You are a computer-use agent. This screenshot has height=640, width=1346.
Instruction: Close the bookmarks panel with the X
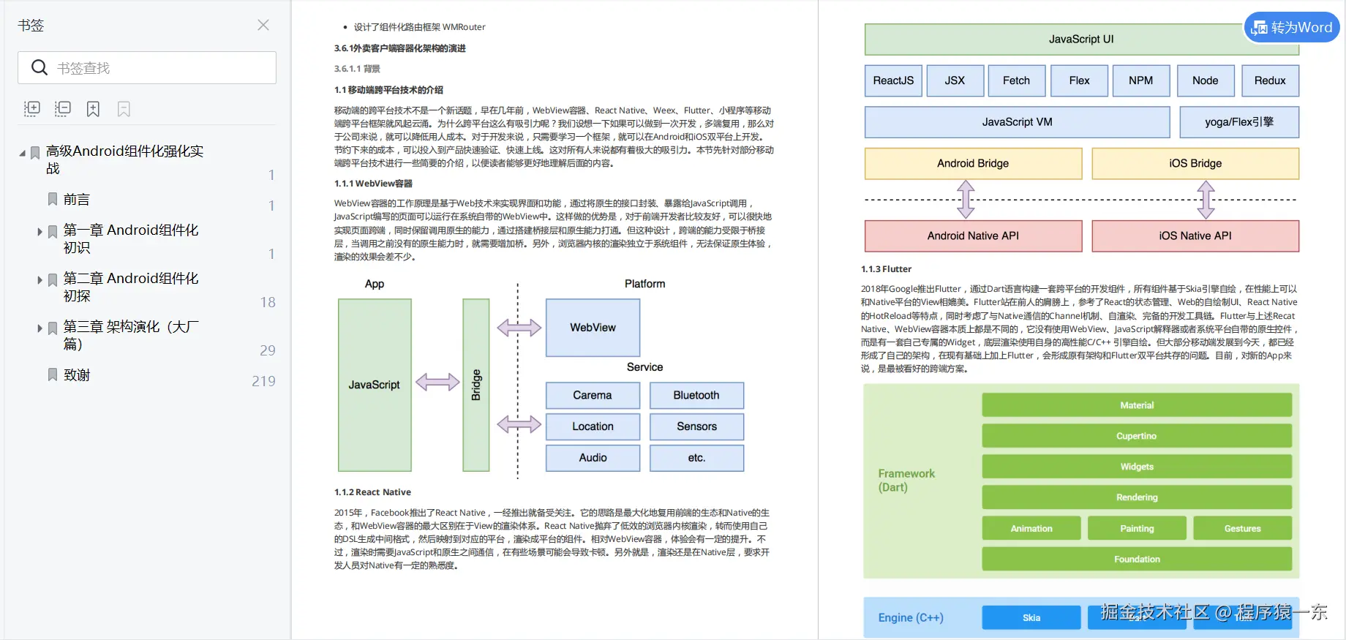click(x=263, y=25)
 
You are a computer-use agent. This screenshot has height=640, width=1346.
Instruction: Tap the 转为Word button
click(x=1292, y=28)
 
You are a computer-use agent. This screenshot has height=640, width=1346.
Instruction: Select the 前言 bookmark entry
click(x=76, y=200)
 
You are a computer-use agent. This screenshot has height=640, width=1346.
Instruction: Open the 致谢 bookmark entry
click(x=76, y=375)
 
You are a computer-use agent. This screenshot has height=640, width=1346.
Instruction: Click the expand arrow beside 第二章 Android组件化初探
click(x=40, y=280)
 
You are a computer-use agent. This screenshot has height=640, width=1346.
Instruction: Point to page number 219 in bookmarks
click(x=263, y=381)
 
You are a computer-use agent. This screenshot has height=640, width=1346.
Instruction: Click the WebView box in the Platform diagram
click(x=593, y=328)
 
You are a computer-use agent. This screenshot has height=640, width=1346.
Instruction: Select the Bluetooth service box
click(x=696, y=395)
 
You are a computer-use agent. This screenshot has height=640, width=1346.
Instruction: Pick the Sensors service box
click(x=696, y=426)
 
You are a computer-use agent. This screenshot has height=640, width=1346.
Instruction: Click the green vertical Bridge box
click(x=475, y=385)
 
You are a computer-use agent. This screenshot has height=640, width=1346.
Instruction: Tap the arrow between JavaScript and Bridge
click(x=437, y=382)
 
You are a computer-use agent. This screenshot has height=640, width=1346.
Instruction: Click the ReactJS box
click(x=893, y=80)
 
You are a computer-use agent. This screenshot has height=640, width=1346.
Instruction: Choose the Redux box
click(x=1270, y=80)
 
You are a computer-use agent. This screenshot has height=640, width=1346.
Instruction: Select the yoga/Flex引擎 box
click(x=1239, y=122)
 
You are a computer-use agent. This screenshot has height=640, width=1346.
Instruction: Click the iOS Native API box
click(x=1195, y=236)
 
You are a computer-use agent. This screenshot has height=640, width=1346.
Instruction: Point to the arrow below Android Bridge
click(x=966, y=200)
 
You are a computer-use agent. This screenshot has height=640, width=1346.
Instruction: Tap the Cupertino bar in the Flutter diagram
click(x=1136, y=436)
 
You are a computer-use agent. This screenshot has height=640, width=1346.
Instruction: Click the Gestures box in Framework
click(x=1242, y=528)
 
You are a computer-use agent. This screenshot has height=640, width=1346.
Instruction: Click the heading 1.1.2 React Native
click(x=373, y=492)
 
